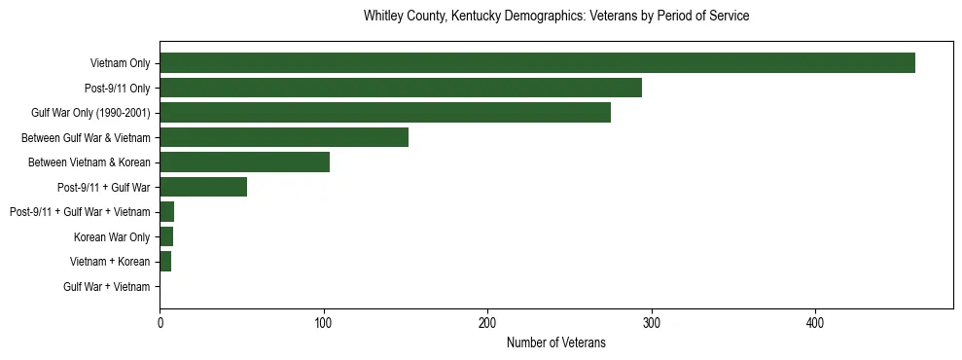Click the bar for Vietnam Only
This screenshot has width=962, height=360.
(x=537, y=62)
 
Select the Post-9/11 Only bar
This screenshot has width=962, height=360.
(x=401, y=88)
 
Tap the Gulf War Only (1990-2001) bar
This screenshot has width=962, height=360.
(x=385, y=112)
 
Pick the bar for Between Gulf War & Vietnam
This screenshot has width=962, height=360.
(x=284, y=137)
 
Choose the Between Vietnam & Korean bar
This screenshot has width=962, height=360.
(x=244, y=162)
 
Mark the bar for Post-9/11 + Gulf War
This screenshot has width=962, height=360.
(x=203, y=187)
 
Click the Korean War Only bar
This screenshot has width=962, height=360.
(x=166, y=236)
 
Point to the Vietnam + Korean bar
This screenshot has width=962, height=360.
(x=165, y=262)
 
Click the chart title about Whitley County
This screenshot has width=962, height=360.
(x=556, y=17)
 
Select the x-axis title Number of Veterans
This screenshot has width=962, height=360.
(x=556, y=342)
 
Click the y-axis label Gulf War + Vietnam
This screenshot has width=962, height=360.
(x=107, y=287)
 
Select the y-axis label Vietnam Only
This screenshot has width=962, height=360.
(x=120, y=63)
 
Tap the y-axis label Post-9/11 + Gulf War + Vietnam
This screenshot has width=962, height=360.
(x=80, y=212)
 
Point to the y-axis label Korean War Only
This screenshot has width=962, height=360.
(x=112, y=237)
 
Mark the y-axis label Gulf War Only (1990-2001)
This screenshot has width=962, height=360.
(x=90, y=113)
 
